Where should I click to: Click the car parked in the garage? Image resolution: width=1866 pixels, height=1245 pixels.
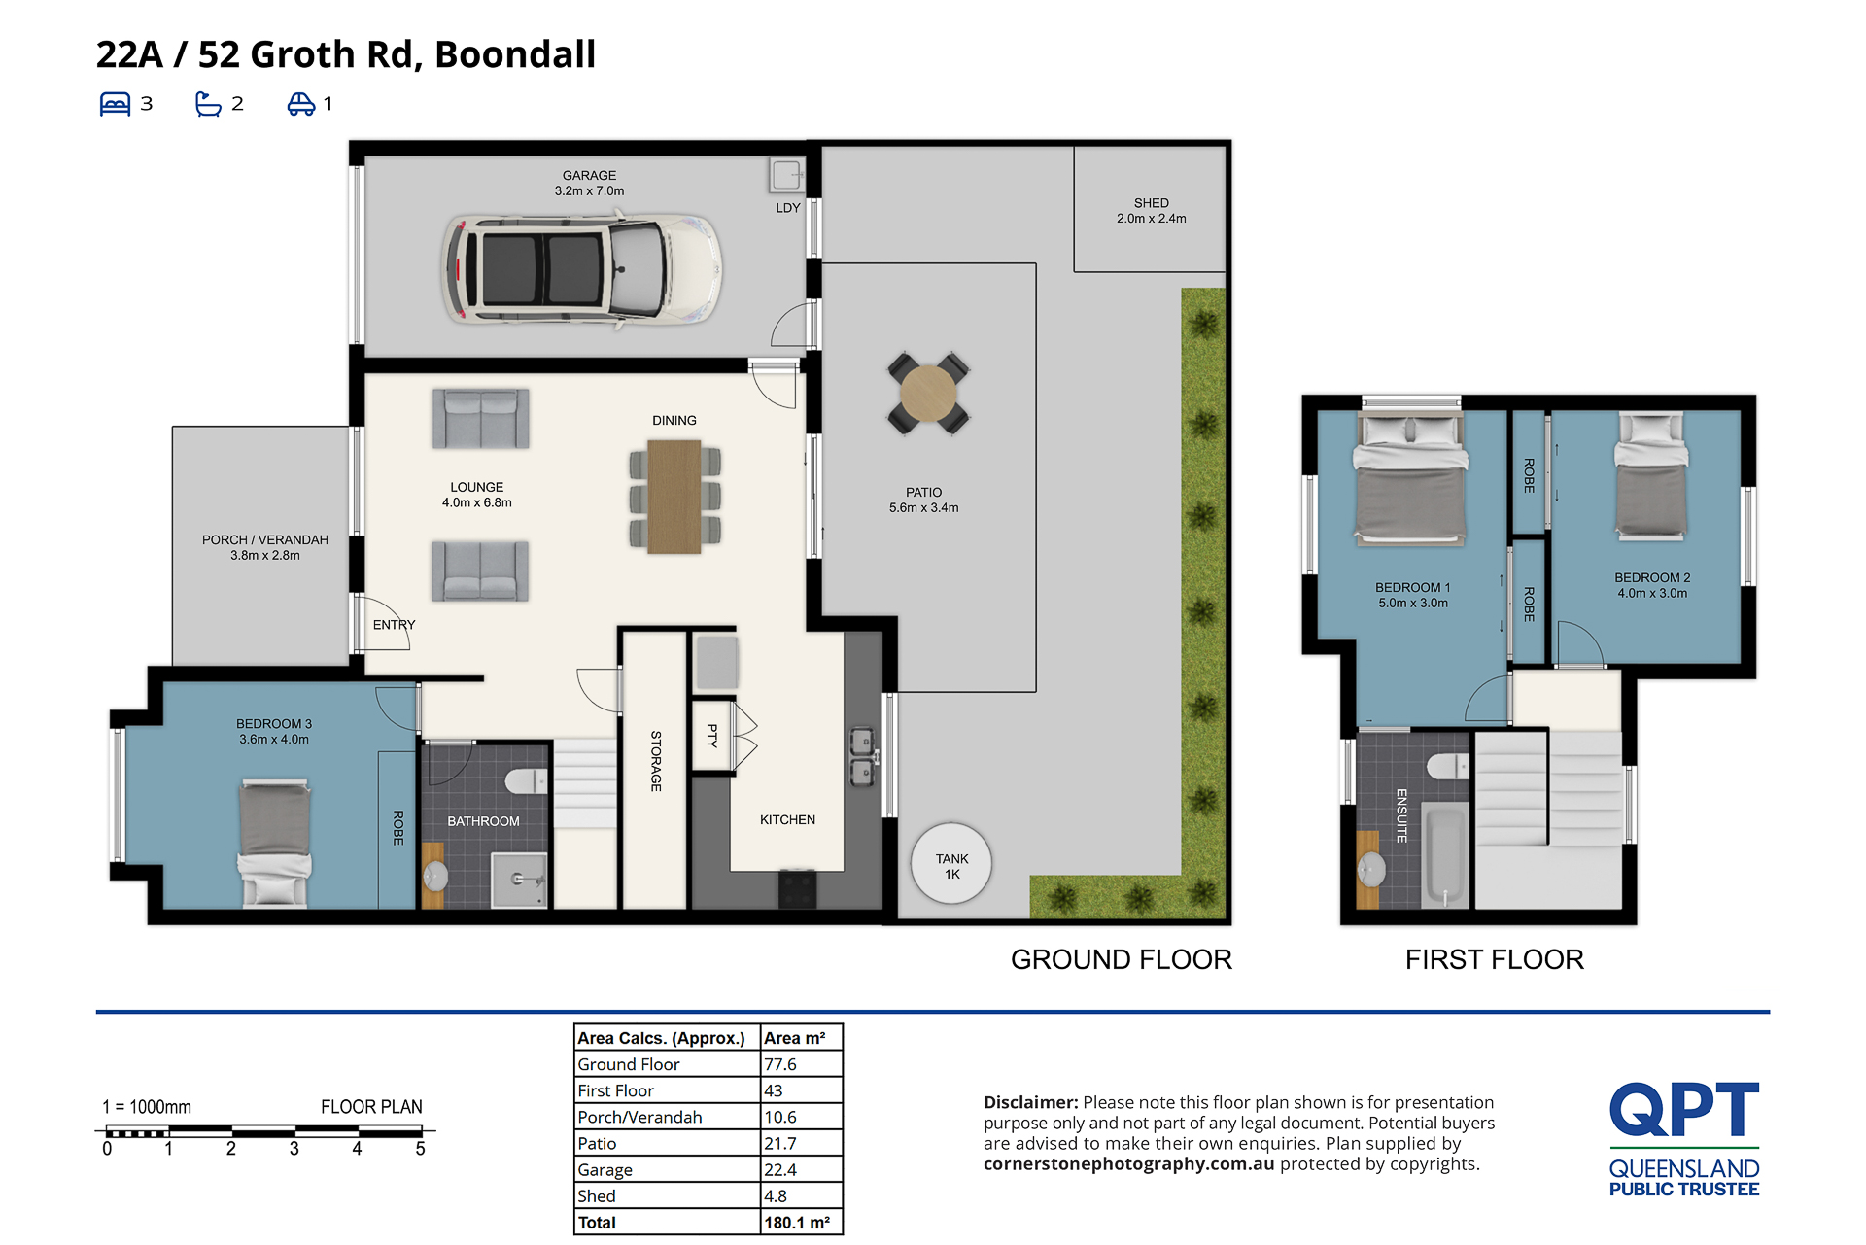pyautogui.click(x=581, y=269)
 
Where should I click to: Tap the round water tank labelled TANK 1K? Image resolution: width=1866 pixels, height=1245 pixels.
pyautogui.click(x=951, y=863)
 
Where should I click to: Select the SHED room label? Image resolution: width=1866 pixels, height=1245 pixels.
pyautogui.click(x=1151, y=203)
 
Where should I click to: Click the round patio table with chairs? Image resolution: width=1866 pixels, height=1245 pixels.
pyautogui.click(x=928, y=393)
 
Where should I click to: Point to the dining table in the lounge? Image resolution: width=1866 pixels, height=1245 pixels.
pyautogui.click(x=674, y=497)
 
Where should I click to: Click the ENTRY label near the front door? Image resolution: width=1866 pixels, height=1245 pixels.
pyautogui.click(x=394, y=625)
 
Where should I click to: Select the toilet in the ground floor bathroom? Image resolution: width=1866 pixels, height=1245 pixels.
pyautogui.click(x=527, y=780)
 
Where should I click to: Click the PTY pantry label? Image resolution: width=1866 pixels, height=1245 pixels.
pyautogui.click(x=712, y=736)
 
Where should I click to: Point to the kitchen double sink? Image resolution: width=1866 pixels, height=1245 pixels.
pyautogui.click(x=862, y=757)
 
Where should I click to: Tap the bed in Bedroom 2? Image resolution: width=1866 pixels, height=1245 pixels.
pyautogui.click(x=1650, y=475)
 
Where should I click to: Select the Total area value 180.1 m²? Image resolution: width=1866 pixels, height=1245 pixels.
pyautogui.click(x=797, y=1223)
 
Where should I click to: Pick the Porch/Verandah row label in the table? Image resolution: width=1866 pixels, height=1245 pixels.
pyautogui.click(x=639, y=1118)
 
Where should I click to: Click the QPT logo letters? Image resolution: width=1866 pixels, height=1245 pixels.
pyautogui.click(x=1684, y=1109)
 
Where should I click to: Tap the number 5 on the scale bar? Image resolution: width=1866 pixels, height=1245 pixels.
pyautogui.click(x=420, y=1149)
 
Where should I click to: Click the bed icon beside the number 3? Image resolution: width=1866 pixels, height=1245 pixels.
pyautogui.click(x=115, y=104)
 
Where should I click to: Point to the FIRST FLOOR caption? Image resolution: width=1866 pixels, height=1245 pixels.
pyautogui.click(x=1494, y=960)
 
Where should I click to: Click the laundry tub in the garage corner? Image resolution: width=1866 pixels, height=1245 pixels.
pyautogui.click(x=786, y=175)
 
